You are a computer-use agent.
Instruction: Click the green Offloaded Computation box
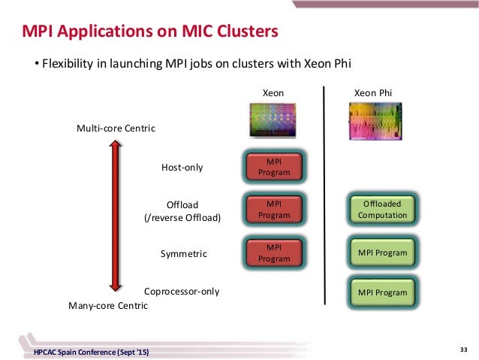[x=382, y=210]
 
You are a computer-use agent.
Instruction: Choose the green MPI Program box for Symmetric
[x=382, y=253]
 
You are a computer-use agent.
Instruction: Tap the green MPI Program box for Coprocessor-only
[x=382, y=292]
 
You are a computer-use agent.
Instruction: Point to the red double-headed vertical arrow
[x=113, y=216]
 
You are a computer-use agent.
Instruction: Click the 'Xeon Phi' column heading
[x=373, y=92]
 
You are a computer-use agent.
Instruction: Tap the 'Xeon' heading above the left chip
[x=273, y=92]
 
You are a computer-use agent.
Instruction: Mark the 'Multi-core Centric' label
[x=116, y=129]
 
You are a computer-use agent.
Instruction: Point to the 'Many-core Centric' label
[x=108, y=306]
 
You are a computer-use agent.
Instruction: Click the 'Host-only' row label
[x=182, y=167]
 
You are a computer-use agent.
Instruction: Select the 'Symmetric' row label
[x=184, y=254]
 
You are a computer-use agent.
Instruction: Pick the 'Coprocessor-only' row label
[x=182, y=291]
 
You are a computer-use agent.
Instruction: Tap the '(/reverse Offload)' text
[x=182, y=218]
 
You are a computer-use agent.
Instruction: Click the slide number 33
[x=462, y=349]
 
